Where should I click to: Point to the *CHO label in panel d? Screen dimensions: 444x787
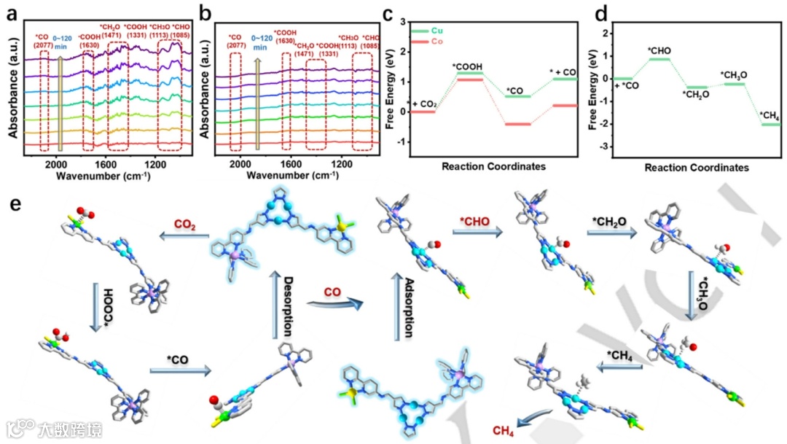[x=659, y=50]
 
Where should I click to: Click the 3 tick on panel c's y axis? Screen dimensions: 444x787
[x=404, y=20]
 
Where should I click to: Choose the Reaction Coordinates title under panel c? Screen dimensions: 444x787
[x=493, y=166]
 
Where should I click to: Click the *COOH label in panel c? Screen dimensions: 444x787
[x=467, y=67]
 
